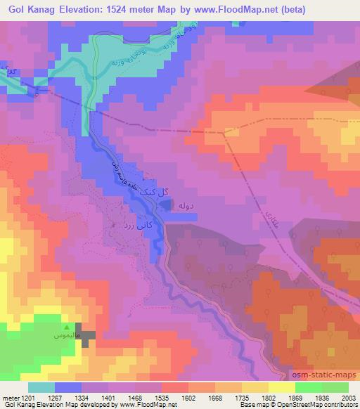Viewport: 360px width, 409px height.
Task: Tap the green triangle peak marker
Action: pos(67,328)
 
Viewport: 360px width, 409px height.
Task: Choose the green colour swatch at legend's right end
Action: pos(335,387)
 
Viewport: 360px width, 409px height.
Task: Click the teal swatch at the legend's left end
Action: pos(41,387)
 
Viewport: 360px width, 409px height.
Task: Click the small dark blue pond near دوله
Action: pos(165,204)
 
